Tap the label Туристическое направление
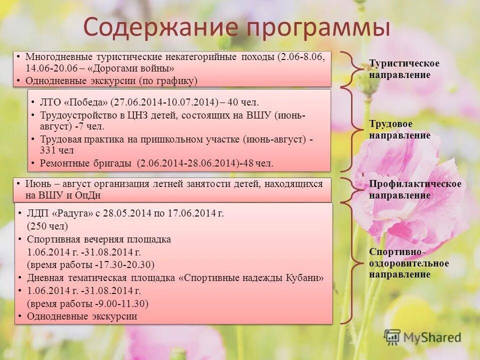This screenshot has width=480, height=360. pos(404,69)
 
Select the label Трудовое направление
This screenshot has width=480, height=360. pos(399,130)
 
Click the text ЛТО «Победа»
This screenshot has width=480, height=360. pos(74,103)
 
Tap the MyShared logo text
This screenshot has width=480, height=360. pos(432,337)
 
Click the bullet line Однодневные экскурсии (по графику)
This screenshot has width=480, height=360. pos(112,81)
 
